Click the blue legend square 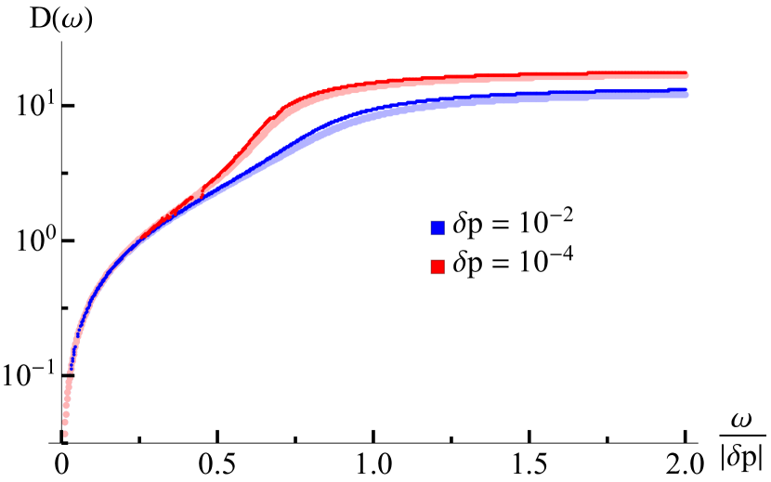click(438, 228)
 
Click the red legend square click(438, 267)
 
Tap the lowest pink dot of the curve click(66, 434)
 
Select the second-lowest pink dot click(65, 423)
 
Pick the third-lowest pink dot click(65, 415)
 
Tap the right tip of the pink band click(686, 77)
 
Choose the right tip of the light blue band click(686, 95)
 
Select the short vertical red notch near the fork click(202, 190)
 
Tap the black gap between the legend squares click(438, 247)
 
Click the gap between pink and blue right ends click(686, 83)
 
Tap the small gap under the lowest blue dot click(70, 376)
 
